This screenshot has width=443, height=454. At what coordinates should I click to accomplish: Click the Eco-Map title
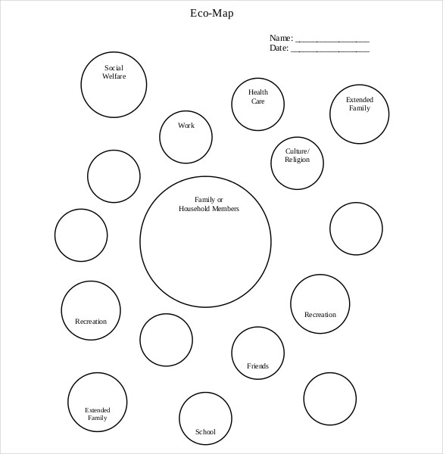[217, 13]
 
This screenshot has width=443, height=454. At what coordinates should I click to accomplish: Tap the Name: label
[281, 38]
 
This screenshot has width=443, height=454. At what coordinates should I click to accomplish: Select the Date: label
[279, 48]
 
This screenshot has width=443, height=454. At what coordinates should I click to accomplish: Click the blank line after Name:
[332, 40]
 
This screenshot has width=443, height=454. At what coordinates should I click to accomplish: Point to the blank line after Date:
[330, 51]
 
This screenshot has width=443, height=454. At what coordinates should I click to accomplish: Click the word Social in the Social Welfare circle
[114, 68]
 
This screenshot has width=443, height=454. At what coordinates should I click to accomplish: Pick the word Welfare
[114, 76]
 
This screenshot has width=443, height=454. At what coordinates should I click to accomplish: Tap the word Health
[258, 92]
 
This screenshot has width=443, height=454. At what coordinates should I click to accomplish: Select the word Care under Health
[258, 101]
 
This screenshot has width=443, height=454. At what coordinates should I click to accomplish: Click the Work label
[186, 126]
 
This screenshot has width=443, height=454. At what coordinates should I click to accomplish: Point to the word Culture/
[298, 151]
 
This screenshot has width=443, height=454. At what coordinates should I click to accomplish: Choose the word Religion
[297, 160]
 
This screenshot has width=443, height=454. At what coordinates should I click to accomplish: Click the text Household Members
[208, 209]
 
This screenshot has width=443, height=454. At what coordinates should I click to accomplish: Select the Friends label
[257, 366]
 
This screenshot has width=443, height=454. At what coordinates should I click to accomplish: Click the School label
[205, 432]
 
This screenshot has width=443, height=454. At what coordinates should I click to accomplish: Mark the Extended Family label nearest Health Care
[360, 104]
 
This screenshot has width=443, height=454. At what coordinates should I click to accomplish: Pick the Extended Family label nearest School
[97, 414]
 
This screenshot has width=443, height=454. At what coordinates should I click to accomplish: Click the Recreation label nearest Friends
[320, 315]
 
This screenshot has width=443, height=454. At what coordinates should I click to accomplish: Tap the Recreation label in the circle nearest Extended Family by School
[91, 322]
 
